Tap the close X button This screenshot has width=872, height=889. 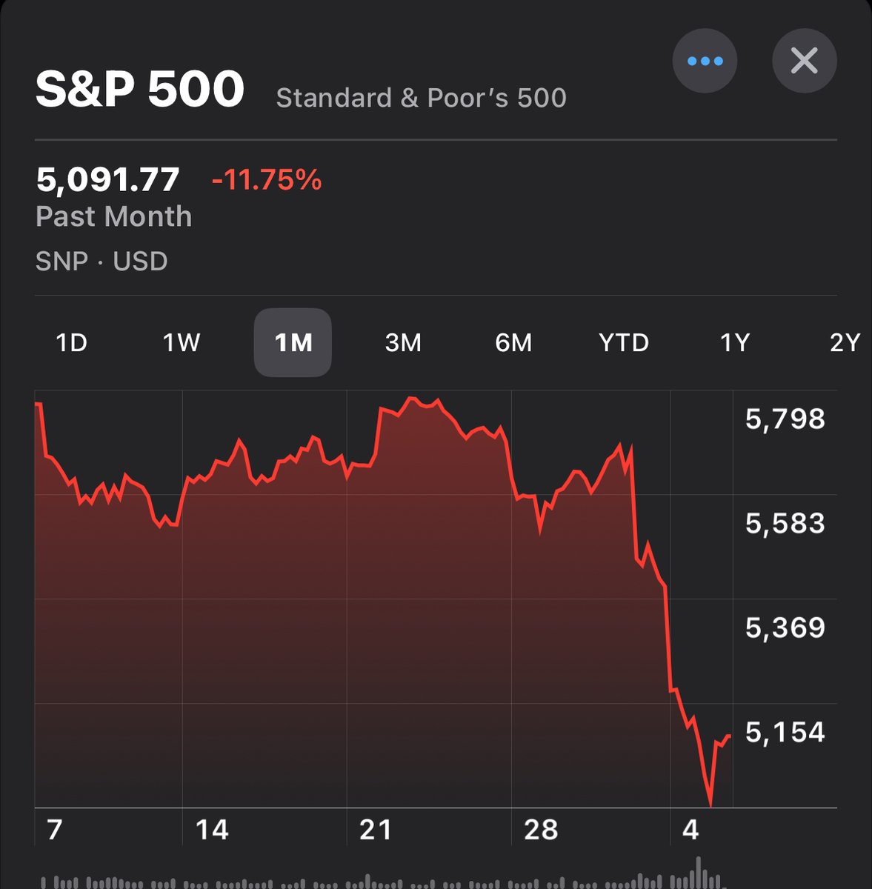tap(804, 61)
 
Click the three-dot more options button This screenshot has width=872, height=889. tap(705, 61)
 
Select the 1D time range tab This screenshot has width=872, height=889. tap(72, 342)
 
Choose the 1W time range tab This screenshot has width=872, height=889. tap(182, 342)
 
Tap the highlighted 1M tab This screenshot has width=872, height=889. tap(293, 342)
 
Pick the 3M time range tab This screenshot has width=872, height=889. tap(403, 342)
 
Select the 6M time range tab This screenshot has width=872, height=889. tap(513, 342)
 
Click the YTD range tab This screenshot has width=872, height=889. tap(623, 342)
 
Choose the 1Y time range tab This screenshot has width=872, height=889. tap(735, 342)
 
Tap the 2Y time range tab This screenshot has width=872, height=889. tap(845, 342)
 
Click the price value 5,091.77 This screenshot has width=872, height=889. tap(107, 180)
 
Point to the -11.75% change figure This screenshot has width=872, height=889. tap(267, 180)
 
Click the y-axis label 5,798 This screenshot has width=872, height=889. tap(785, 419)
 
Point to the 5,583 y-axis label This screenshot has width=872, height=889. tap(785, 524)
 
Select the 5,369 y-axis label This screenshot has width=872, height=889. tap(785, 628)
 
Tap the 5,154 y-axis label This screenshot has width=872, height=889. tap(785, 733)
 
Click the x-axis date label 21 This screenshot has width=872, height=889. tap(376, 830)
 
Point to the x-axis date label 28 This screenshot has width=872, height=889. tap(540, 830)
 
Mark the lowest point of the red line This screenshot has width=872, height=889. tap(710, 805)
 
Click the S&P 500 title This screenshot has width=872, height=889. tap(140, 90)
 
